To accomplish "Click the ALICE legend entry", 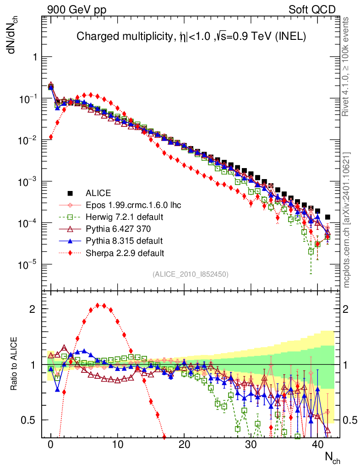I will pos(98,193).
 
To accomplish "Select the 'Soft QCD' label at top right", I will pos(312,9).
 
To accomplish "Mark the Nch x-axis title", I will pos(332,457).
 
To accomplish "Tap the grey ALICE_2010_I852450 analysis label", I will pos(191,274).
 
